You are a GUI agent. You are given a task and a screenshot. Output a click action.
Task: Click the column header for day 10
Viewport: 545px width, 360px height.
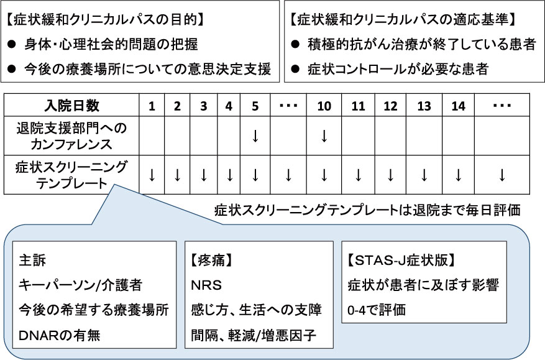pyautogui.click(x=324, y=106)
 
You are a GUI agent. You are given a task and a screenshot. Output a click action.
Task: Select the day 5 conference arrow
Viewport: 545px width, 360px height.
pyautogui.click(x=255, y=136)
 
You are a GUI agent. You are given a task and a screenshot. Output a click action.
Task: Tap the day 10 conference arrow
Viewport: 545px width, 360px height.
pyautogui.click(x=324, y=136)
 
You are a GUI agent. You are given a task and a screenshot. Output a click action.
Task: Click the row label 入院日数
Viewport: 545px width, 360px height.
pyautogui.click(x=72, y=106)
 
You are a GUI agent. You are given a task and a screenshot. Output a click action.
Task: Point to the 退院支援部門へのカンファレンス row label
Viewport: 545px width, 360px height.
pyautogui.click(x=71, y=136)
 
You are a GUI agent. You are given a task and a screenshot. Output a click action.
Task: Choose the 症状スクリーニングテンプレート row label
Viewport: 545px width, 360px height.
pyautogui.click(x=71, y=175)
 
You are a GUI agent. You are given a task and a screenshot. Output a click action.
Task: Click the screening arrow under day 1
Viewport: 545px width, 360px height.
pyautogui.click(x=152, y=175)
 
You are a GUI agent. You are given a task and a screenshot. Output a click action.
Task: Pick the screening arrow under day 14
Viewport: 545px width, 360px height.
pyautogui.click(x=458, y=175)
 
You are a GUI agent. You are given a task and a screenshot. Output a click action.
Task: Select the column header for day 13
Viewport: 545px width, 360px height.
pyautogui.click(x=424, y=106)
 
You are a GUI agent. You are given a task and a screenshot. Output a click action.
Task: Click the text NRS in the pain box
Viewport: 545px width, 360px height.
pyautogui.click(x=206, y=285)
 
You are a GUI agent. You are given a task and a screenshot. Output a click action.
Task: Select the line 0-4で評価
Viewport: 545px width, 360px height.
pyautogui.click(x=377, y=310)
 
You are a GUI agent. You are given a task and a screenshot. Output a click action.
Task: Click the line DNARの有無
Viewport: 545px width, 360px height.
pyautogui.click(x=60, y=335)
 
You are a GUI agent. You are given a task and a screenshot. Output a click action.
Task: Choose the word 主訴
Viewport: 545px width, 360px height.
pyautogui.click(x=32, y=260)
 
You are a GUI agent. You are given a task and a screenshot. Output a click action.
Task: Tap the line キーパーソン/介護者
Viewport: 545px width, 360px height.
pyautogui.click(x=80, y=285)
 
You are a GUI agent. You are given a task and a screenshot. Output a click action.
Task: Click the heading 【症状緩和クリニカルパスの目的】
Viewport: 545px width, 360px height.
pyautogui.click(x=104, y=20)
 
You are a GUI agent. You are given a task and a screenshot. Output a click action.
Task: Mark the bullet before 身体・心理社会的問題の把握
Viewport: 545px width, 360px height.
pyautogui.click(x=12, y=44)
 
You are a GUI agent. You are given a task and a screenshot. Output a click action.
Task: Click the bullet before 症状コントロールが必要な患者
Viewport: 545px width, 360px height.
pyautogui.click(x=295, y=69)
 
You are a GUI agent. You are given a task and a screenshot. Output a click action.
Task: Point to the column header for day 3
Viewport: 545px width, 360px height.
pyautogui.click(x=204, y=106)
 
